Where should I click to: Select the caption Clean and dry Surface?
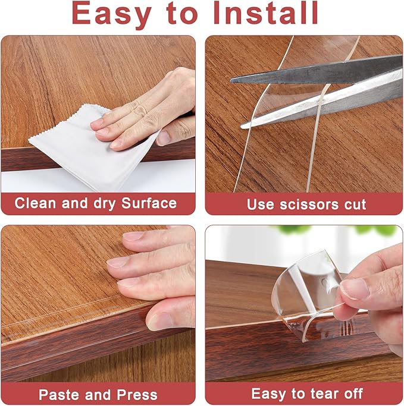click(96, 203)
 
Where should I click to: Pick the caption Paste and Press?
click(98, 394)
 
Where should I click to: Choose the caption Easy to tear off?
click(306, 394)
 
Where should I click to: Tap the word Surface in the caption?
click(149, 203)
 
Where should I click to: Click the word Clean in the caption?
click(36, 203)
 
